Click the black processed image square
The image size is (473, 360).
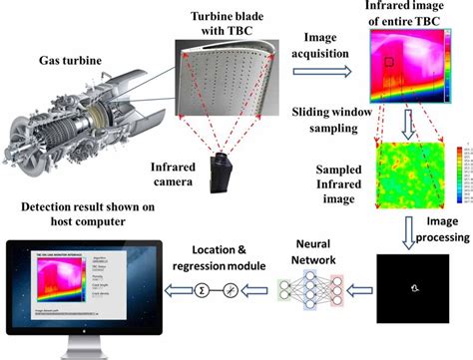410,289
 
